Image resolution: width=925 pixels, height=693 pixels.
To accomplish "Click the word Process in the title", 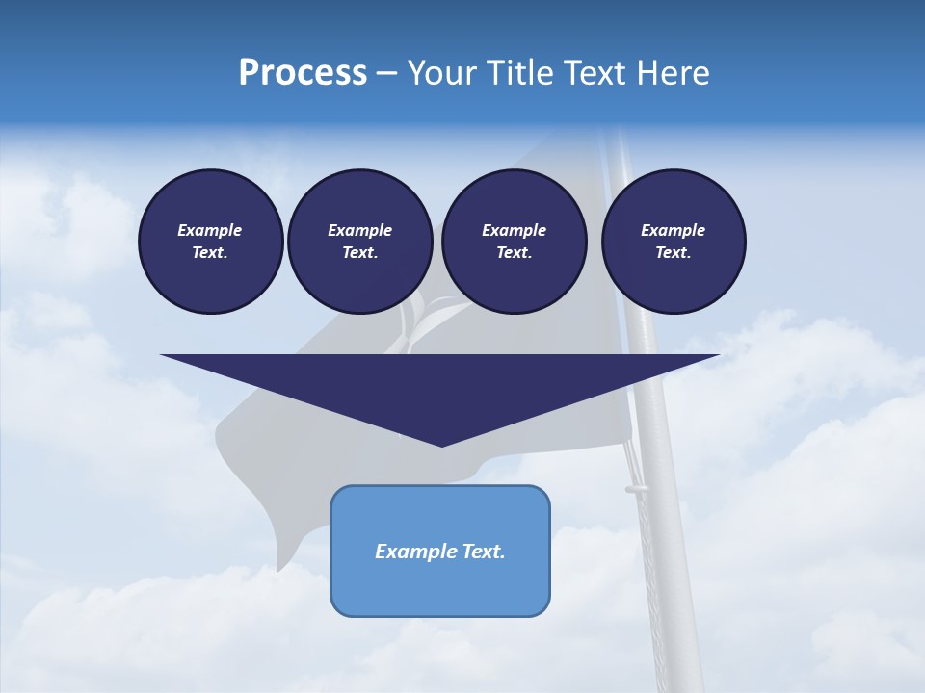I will [303, 73].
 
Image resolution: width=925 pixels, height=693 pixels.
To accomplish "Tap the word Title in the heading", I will [515, 73].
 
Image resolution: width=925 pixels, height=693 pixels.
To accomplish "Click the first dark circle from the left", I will [210, 242].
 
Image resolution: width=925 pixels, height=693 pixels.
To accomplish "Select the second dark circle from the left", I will [359, 242].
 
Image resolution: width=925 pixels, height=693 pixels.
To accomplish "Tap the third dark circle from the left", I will [514, 242].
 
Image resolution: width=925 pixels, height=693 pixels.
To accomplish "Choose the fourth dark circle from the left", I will [674, 242].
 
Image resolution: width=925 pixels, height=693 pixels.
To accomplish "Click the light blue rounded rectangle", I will [440, 577].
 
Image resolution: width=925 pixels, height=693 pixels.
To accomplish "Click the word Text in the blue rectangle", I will [484, 552].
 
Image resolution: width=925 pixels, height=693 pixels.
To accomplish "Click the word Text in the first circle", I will [210, 253].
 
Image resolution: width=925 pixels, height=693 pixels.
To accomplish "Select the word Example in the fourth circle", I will [674, 230].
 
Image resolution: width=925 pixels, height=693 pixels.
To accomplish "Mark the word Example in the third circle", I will [514, 230].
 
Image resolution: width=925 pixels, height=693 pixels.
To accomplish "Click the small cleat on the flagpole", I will [636, 489].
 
